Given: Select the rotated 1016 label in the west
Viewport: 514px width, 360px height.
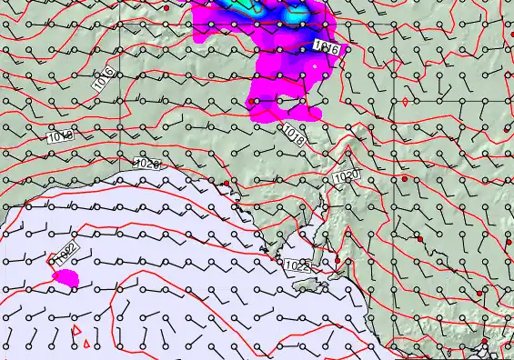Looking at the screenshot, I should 105,78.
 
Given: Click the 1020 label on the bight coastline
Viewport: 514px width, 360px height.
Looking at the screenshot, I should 146,164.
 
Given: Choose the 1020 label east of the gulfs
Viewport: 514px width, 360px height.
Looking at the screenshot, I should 346,175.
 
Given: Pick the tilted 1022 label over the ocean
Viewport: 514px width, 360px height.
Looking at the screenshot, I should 63,255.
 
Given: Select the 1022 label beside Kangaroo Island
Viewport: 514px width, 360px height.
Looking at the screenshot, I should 297,266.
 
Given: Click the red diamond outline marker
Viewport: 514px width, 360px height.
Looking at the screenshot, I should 404,103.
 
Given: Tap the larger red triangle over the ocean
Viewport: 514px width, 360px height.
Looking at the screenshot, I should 77,331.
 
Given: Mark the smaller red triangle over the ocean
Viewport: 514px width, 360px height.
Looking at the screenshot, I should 86,344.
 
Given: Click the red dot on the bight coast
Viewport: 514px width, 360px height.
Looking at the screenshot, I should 226,185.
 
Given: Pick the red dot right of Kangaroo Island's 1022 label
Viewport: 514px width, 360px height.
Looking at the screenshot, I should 337,262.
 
